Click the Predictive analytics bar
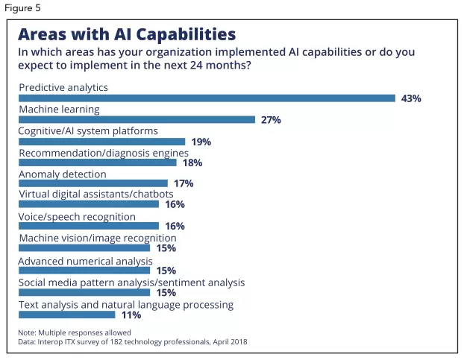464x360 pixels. coord(207,98)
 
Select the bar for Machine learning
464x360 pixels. coord(137,119)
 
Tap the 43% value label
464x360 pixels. coord(412,98)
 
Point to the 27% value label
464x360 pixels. coord(271,120)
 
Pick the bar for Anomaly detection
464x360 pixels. coord(93,183)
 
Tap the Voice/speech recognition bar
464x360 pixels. coord(89,226)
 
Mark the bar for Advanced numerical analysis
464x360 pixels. coord(84,269)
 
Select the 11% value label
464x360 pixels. coord(131,315)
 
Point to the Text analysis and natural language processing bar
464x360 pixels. coord(67,314)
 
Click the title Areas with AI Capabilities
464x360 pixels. coord(127,34)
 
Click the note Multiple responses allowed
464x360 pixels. coord(75,332)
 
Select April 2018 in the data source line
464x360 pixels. coord(228,341)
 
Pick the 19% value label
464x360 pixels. coord(200,142)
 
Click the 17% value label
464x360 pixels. coord(183,183)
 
